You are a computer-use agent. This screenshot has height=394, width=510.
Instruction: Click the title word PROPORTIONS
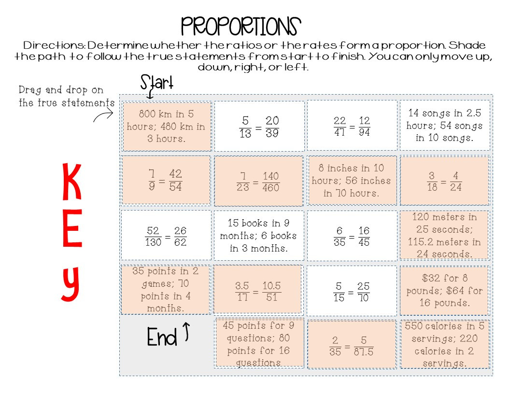[x=241, y=27]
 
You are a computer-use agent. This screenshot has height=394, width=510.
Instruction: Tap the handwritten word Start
[x=156, y=83]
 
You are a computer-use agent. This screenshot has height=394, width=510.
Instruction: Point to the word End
[x=162, y=338]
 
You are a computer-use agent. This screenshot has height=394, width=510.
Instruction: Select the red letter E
[x=72, y=234]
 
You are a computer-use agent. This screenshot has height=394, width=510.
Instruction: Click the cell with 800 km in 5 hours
[x=167, y=126]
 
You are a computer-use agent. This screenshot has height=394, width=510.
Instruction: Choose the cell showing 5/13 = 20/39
[x=259, y=126]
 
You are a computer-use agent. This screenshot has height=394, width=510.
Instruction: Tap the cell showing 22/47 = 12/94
[x=352, y=126]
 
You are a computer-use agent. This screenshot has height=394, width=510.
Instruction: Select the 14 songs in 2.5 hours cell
[x=444, y=125]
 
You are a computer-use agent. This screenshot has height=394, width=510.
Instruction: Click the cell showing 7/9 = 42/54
[x=166, y=180]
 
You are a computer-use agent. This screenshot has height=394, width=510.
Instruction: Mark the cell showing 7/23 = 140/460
[x=259, y=181]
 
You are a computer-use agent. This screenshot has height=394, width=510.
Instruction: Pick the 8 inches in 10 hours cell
[x=352, y=181]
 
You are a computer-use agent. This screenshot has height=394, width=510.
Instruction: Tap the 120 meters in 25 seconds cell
[x=444, y=235]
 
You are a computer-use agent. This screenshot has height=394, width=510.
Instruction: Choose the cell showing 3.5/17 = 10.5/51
[x=259, y=290]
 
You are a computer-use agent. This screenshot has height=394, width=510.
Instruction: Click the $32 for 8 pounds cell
[x=444, y=290]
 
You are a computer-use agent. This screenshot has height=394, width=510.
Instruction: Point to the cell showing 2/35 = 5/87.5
[x=352, y=344]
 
